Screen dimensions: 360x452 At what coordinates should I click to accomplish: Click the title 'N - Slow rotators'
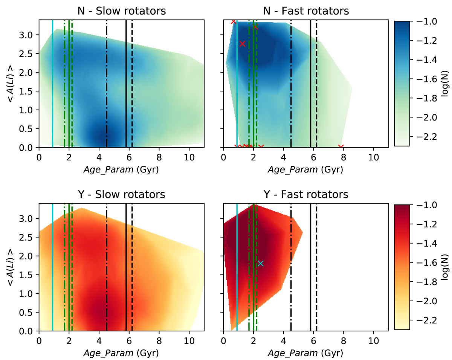tap(121, 11)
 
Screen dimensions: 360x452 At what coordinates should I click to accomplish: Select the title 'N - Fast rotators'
tap(306, 11)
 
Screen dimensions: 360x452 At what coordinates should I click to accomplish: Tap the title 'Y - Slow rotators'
tap(121, 195)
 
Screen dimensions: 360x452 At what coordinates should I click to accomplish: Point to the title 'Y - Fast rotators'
tap(306, 195)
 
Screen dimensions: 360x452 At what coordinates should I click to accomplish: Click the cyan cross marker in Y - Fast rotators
tap(260, 264)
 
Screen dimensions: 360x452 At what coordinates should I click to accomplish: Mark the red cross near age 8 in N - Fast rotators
tap(341, 147)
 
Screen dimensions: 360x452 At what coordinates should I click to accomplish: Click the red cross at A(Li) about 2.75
tap(242, 44)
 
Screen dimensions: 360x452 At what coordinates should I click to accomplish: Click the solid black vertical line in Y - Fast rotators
tap(310, 267)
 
